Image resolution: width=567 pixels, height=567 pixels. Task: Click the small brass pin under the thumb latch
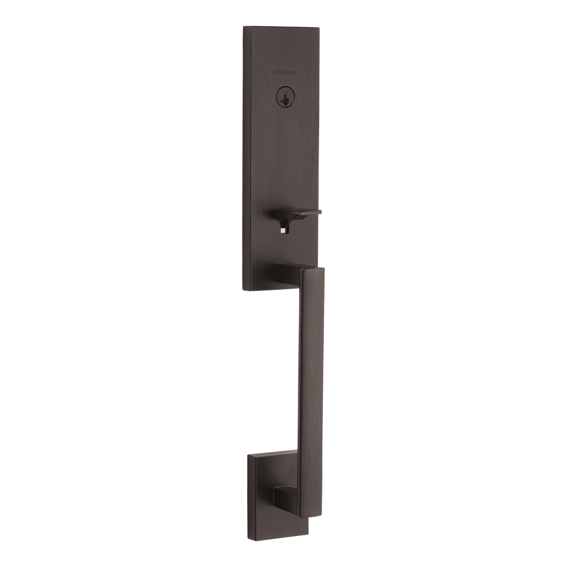[x=283, y=229]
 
